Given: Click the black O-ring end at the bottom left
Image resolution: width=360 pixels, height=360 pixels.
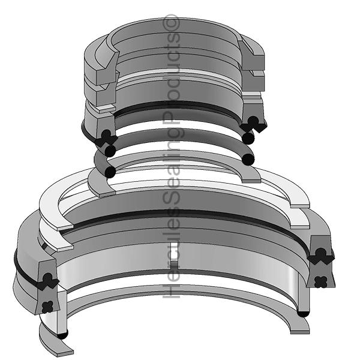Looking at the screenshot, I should click(x=62, y=334).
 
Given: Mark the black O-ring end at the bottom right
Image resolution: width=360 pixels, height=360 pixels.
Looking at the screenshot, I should click(x=304, y=313).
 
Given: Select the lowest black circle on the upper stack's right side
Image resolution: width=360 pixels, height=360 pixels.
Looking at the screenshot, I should click(x=248, y=158).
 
